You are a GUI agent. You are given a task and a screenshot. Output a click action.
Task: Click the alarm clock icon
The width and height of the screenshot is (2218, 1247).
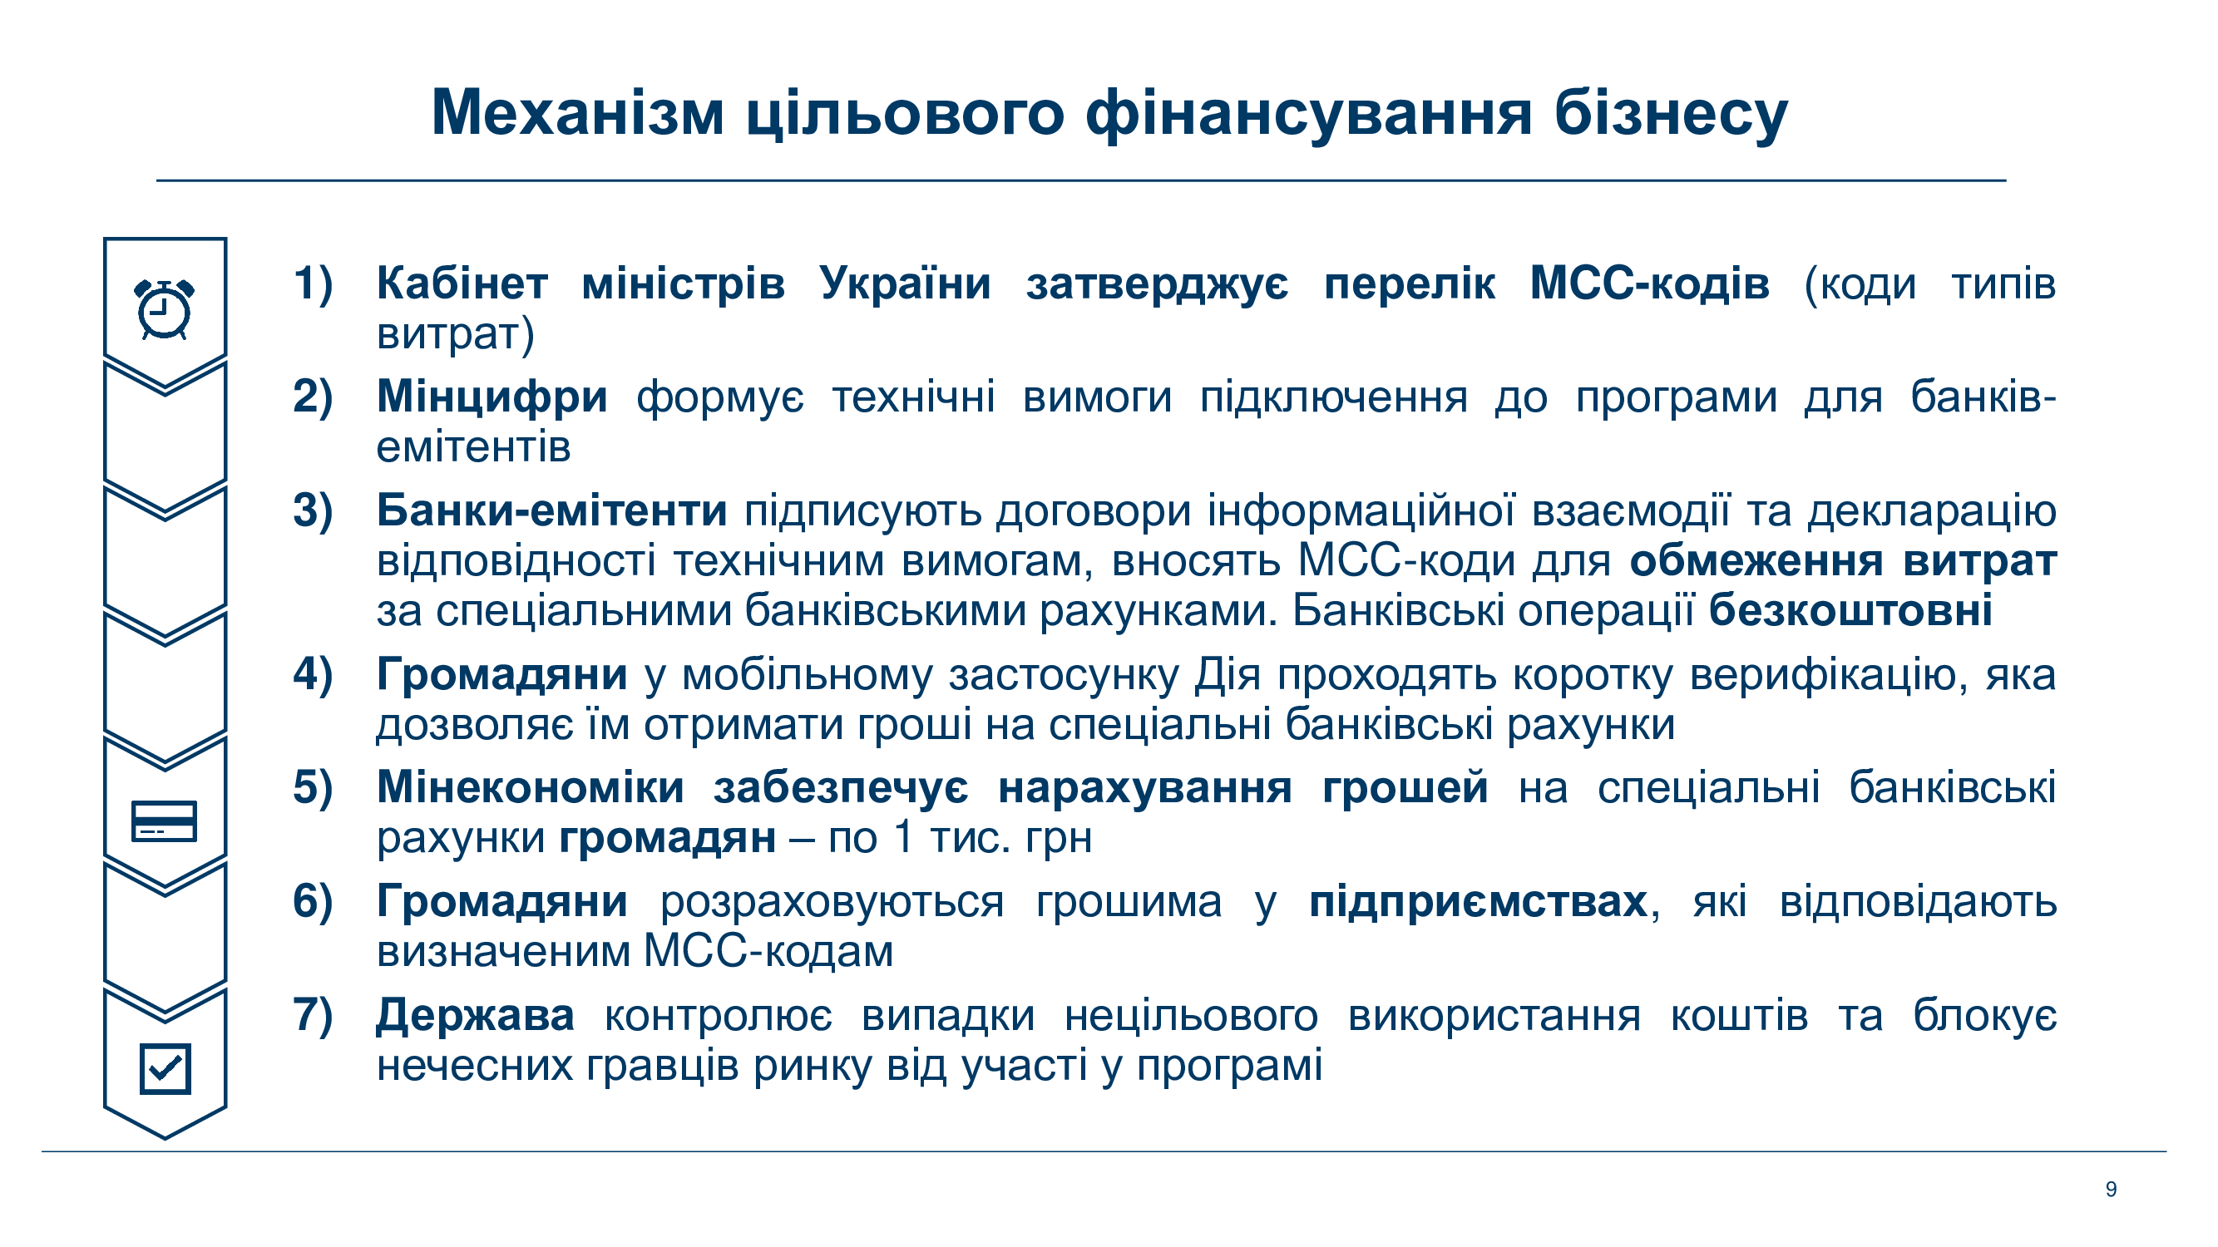click(x=165, y=309)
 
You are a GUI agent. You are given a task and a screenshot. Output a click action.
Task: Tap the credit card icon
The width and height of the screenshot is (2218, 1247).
click(x=164, y=821)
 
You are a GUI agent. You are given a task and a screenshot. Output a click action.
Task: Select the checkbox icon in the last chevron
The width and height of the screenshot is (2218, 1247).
click(x=165, y=1068)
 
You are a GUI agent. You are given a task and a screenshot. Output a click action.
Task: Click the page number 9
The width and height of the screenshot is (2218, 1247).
click(x=2111, y=1190)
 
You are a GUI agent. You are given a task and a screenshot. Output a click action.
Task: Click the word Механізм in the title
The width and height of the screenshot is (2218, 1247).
click(x=578, y=113)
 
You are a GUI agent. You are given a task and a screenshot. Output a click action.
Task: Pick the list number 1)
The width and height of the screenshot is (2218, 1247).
click(x=314, y=284)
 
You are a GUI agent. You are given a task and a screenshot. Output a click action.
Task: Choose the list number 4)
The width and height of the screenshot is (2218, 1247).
click(x=314, y=675)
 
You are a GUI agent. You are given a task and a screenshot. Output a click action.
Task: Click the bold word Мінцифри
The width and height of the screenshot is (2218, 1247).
click(x=492, y=397)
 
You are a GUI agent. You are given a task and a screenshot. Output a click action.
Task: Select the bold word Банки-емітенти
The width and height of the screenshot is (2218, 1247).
click(x=552, y=510)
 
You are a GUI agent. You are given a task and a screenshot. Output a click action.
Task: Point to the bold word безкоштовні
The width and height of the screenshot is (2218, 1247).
click(x=1850, y=610)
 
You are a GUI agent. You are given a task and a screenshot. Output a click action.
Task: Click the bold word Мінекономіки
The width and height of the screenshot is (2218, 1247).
click(x=531, y=787)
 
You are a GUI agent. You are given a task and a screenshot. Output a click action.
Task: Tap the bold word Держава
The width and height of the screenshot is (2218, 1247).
click(x=476, y=1017)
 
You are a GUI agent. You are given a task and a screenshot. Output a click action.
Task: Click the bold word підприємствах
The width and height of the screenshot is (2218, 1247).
click(x=1478, y=903)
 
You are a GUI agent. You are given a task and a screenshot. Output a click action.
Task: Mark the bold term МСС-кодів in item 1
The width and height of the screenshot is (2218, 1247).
click(x=1650, y=284)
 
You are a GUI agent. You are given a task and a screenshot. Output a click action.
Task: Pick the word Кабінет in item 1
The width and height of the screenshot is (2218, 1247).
click(x=462, y=283)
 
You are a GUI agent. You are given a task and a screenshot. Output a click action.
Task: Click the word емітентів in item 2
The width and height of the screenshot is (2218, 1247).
click(x=473, y=447)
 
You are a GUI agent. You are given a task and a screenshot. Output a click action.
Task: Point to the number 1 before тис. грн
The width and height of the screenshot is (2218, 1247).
click(x=902, y=837)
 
